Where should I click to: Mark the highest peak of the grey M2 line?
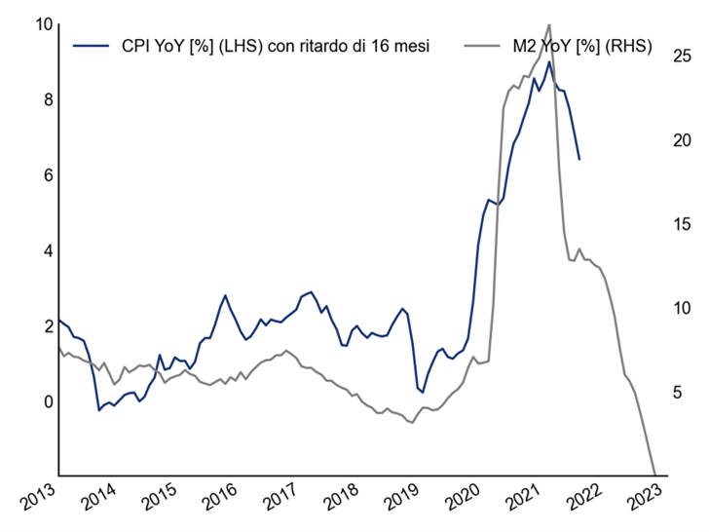pyautogui.click(x=549, y=24)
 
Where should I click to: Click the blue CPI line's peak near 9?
pyautogui.click(x=549, y=62)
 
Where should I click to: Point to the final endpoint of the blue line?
pyautogui.click(x=579, y=159)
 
